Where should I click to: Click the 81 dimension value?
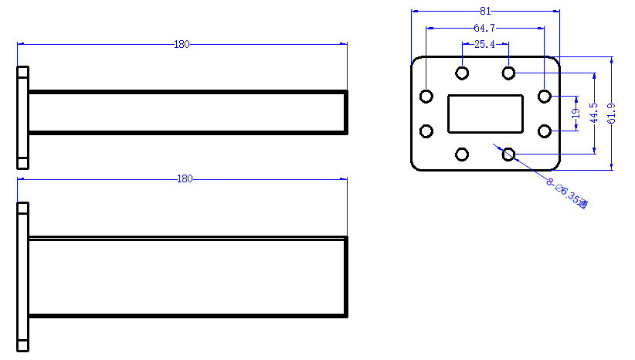tap(485, 11)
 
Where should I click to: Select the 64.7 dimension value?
tap(484, 28)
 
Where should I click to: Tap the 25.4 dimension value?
tap(485, 44)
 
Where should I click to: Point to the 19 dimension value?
tap(576, 114)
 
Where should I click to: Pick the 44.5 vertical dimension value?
tap(594, 113)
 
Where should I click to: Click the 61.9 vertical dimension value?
tap(612, 114)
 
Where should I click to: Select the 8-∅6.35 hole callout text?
tap(566, 193)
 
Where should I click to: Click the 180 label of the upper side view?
tap(182, 44)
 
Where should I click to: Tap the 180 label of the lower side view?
tap(185, 179)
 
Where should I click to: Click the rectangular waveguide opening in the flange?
tap(485, 114)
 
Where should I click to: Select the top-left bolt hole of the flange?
tap(462, 73)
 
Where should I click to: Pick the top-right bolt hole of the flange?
tap(508, 73)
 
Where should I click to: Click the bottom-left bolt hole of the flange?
tap(462, 155)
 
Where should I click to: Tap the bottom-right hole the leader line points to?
tap(508, 155)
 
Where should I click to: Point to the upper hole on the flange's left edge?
tap(426, 97)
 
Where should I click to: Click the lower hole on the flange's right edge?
tap(545, 131)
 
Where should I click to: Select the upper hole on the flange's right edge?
tap(545, 97)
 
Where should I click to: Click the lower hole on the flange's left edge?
tap(426, 131)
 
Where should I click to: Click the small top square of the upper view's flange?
tap(22, 72)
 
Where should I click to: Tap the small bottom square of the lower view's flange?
tap(22, 346)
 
